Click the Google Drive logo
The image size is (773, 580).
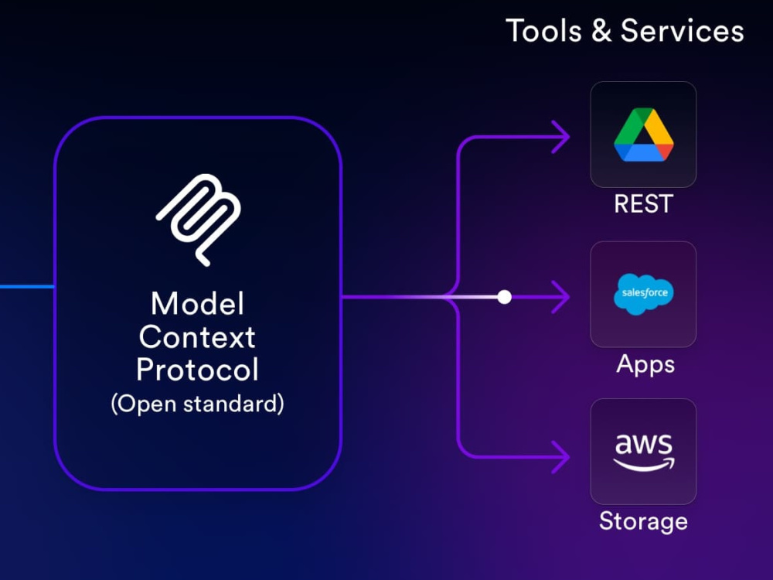pyautogui.click(x=643, y=135)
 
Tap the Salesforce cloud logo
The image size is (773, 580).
pyautogui.click(x=643, y=294)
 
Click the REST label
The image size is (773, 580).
pyautogui.click(x=643, y=203)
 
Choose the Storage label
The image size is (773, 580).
pyautogui.click(x=643, y=522)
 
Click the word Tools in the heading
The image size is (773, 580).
pyautogui.click(x=543, y=31)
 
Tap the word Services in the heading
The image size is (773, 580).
pyautogui.click(x=683, y=31)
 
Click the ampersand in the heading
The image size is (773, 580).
pyautogui.click(x=601, y=31)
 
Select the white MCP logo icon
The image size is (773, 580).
pyautogui.click(x=199, y=220)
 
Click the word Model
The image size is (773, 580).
pyautogui.click(x=198, y=303)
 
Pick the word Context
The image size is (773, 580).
pyautogui.click(x=197, y=337)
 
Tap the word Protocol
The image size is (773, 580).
pyautogui.click(x=197, y=370)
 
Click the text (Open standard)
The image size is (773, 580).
pyautogui.click(x=198, y=404)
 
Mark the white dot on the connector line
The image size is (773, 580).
pyautogui.click(x=504, y=297)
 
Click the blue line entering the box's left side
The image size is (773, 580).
pyautogui.click(x=27, y=287)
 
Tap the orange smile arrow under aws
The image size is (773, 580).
pyautogui.click(x=644, y=465)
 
